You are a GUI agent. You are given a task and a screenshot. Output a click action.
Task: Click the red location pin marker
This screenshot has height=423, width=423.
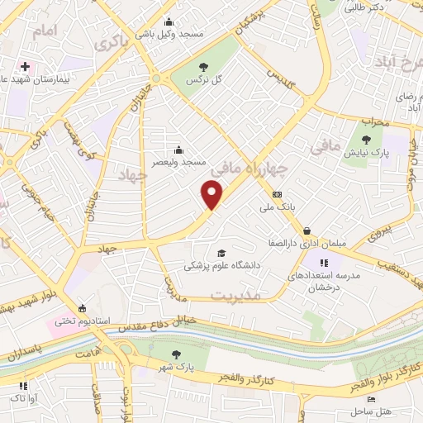coord(213,194)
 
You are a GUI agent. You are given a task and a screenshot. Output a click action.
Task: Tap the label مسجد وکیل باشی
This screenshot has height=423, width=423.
coord(169,34)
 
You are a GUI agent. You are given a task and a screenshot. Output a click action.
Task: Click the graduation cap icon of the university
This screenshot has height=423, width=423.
coord(221,253)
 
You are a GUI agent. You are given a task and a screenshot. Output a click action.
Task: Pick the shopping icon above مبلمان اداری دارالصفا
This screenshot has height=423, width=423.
coord(307,231)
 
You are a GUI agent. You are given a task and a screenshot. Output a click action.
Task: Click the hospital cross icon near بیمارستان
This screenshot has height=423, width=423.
coord(26,65)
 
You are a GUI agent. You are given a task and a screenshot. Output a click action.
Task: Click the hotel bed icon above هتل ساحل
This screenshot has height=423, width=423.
coord(370,399)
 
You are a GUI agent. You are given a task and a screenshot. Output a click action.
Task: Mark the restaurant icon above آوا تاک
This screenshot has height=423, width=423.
coord(22,385)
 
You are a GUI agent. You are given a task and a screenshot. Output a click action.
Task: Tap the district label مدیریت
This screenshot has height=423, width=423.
coord(235,295)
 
